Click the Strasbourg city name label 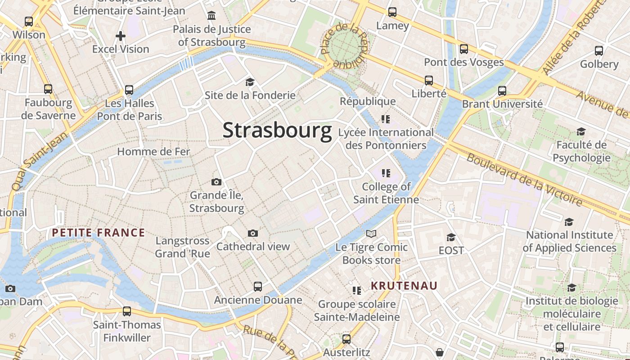click(277, 130)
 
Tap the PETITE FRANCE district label click(98, 233)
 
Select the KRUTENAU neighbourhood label click(404, 285)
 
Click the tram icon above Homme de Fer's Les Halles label click(129, 90)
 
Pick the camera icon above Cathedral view click(253, 233)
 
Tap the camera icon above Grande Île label click(216, 182)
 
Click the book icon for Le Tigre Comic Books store click(371, 234)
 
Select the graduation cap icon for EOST click(451, 237)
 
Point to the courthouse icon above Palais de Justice click(211, 16)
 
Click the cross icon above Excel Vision click(121, 36)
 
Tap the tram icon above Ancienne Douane click(258, 287)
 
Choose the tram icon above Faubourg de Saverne click(48, 89)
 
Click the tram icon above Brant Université click(502, 91)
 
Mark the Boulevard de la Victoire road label click(524, 179)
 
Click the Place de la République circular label click(344, 45)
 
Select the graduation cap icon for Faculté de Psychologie click(581, 131)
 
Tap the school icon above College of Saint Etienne click(386, 173)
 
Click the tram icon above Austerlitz click(346, 339)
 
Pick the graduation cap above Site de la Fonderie click(250, 82)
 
